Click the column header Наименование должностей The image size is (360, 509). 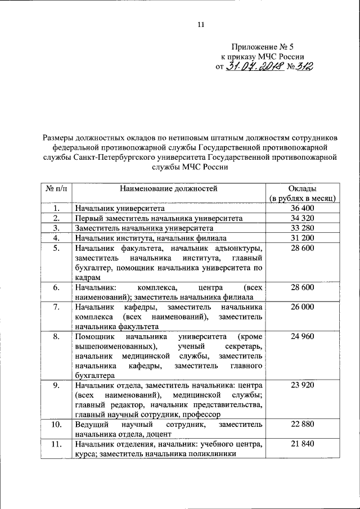coord(168,188)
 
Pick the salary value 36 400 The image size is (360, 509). coord(303,209)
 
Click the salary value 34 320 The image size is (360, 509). coord(303,218)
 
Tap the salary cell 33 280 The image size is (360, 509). coord(303,228)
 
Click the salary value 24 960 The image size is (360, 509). coord(303,337)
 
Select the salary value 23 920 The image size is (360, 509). coord(303,385)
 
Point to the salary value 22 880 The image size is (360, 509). coord(303,425)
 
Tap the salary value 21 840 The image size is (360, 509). coord(303,444)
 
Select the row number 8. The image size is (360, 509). coord(56,337)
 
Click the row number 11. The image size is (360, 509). coord(56,444)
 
